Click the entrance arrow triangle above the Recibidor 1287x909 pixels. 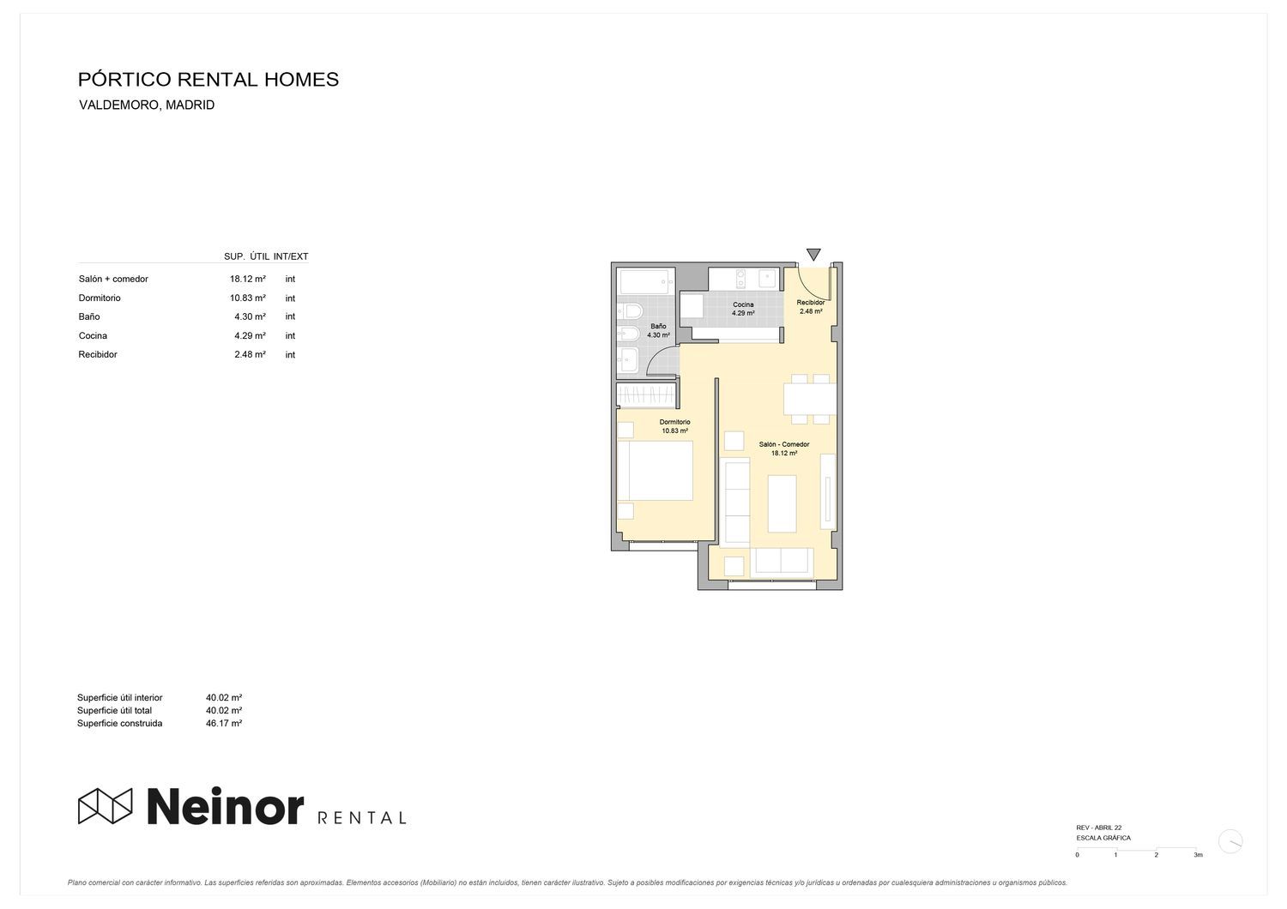pyautogui.click(x=813, y=254)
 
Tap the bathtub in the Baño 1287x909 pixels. pyautogui.click(x=646, y=282)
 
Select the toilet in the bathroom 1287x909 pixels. pyautogui.click(x=631, y=310)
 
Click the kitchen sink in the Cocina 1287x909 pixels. pyautogui.click(x=766, y=279)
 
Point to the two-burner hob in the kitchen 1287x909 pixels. pyautogui.click(x=740, y=279)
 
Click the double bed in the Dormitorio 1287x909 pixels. pyautogui.click(x=655, y=470)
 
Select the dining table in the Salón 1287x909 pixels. pyautogui.click(x=810, y=399)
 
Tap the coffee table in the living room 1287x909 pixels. pyautogui.click(x=782, y=503)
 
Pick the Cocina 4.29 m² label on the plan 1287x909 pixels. pyautogui.click(x=743, y=309)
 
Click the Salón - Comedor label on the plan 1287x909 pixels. pyautogui.click(x=783, y=444)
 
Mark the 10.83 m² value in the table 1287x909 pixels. pyautogui.click(x=248, y=298)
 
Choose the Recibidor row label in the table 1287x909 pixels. pyautogui.click(x=98, y=354)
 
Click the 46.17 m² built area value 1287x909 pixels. pyautogui.click(x=224, y=723)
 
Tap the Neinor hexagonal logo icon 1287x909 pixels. pyautogui.click(x=106, y=805)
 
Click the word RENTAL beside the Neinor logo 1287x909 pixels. pyautogui.click(x=362, y=817)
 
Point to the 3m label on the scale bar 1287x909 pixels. pyautogui.click(x=1198, y=854)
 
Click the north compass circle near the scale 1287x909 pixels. pyautogui.click(x=1230, y=841)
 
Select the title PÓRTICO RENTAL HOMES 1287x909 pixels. pyautogui.click(x=208, y=79)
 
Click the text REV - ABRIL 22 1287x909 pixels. pyautogui.click(x=1098, y=828)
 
